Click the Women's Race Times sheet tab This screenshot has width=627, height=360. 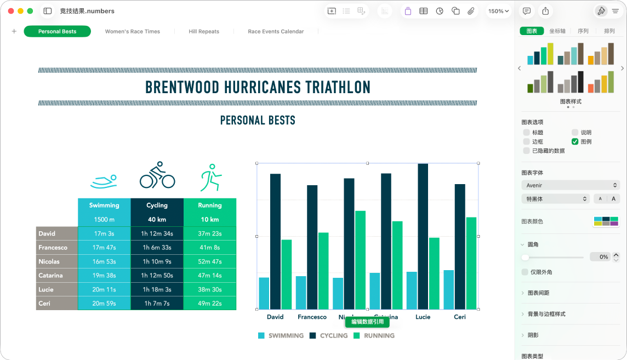point(133,31)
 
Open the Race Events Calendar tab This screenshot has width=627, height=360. point(276,31)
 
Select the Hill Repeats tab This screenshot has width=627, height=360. point(204,31)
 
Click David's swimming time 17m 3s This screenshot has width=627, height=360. point(104,233)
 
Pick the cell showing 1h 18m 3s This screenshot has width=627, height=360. point(157,289)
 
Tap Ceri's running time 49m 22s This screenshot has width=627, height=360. point(209,303)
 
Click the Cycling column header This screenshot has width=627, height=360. point(157,205)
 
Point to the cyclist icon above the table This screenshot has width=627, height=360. point(157,175)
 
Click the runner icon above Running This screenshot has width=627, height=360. point(210,176)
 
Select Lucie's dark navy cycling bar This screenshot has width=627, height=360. point(423,236)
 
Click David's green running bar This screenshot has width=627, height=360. point(286,274)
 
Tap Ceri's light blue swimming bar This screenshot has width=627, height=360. point(448,289)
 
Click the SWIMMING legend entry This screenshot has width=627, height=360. point(281,335)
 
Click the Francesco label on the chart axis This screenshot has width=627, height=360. point(312,317)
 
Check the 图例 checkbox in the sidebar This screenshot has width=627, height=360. point(575,141)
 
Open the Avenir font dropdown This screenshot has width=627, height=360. point(570,185)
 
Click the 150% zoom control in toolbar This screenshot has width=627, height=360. point(499,11)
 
